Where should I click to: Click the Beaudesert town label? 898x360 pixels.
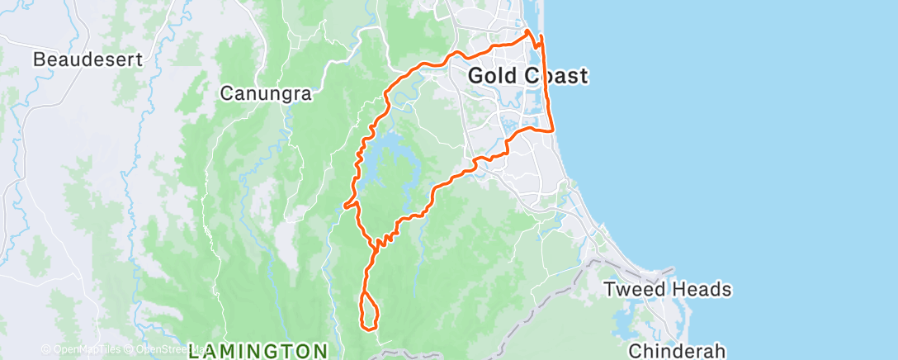[x=87, y=59]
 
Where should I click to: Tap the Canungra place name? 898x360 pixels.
[x=265, y=94]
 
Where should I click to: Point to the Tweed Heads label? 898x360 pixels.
[x=667, y=290]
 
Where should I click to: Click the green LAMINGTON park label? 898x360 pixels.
[x=258, y=350]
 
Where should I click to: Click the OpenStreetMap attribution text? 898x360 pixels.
[x=161, y=350]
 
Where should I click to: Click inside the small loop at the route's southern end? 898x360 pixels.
[x=369, y=312]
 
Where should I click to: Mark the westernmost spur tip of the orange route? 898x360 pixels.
[x=343, y=204]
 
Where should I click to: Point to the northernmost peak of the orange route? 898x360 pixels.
[x=527, y=31]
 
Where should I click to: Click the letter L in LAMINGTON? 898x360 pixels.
[x=194, y=350]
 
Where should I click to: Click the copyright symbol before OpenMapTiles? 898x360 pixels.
[x=45, y=350]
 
